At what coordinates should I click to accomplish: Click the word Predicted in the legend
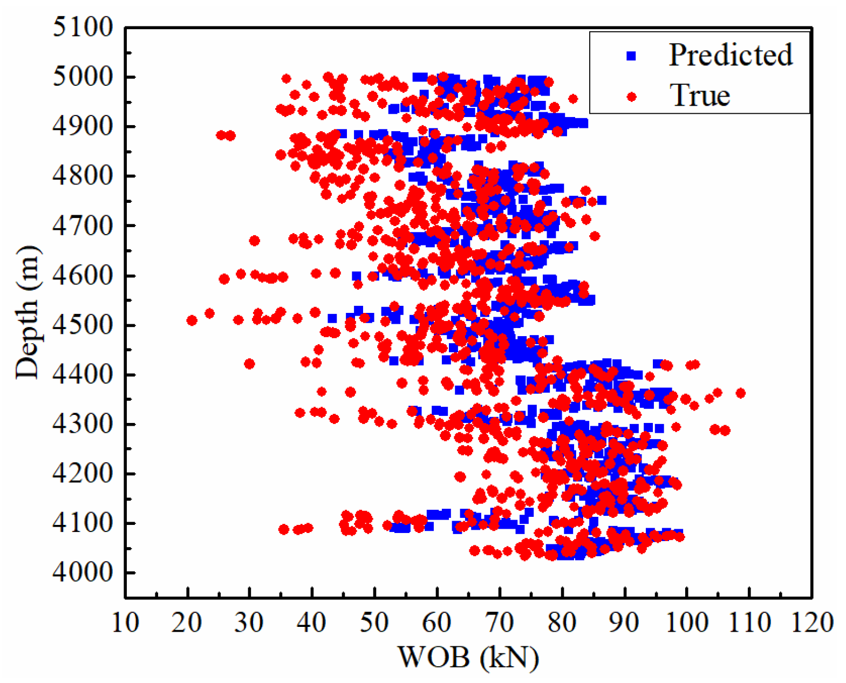tap(731, 55)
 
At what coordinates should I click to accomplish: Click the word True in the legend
tap(700, 95)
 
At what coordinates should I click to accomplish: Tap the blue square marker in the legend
tap(631, 56)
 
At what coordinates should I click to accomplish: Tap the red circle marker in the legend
tap(631, 97)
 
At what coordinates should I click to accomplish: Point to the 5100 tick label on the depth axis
tap(83, 27)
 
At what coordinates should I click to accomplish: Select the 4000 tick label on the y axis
tap(83, 572)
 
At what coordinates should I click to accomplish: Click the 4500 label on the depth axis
tap(83, 325)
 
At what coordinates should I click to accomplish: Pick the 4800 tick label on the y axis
tap(83, 176)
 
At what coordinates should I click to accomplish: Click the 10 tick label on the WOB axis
tap(125, 623)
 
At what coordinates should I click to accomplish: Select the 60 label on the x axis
tap(437, 623)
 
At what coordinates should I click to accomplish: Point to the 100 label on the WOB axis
tap(687, 623)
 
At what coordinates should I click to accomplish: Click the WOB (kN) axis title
tap(468, 657)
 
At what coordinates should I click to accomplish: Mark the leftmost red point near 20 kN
tap(192, 320)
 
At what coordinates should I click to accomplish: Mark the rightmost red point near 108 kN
tap(740, 393)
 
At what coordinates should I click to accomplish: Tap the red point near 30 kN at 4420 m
tap(249, 364)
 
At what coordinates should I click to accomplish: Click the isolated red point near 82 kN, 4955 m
tap(573, 99)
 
